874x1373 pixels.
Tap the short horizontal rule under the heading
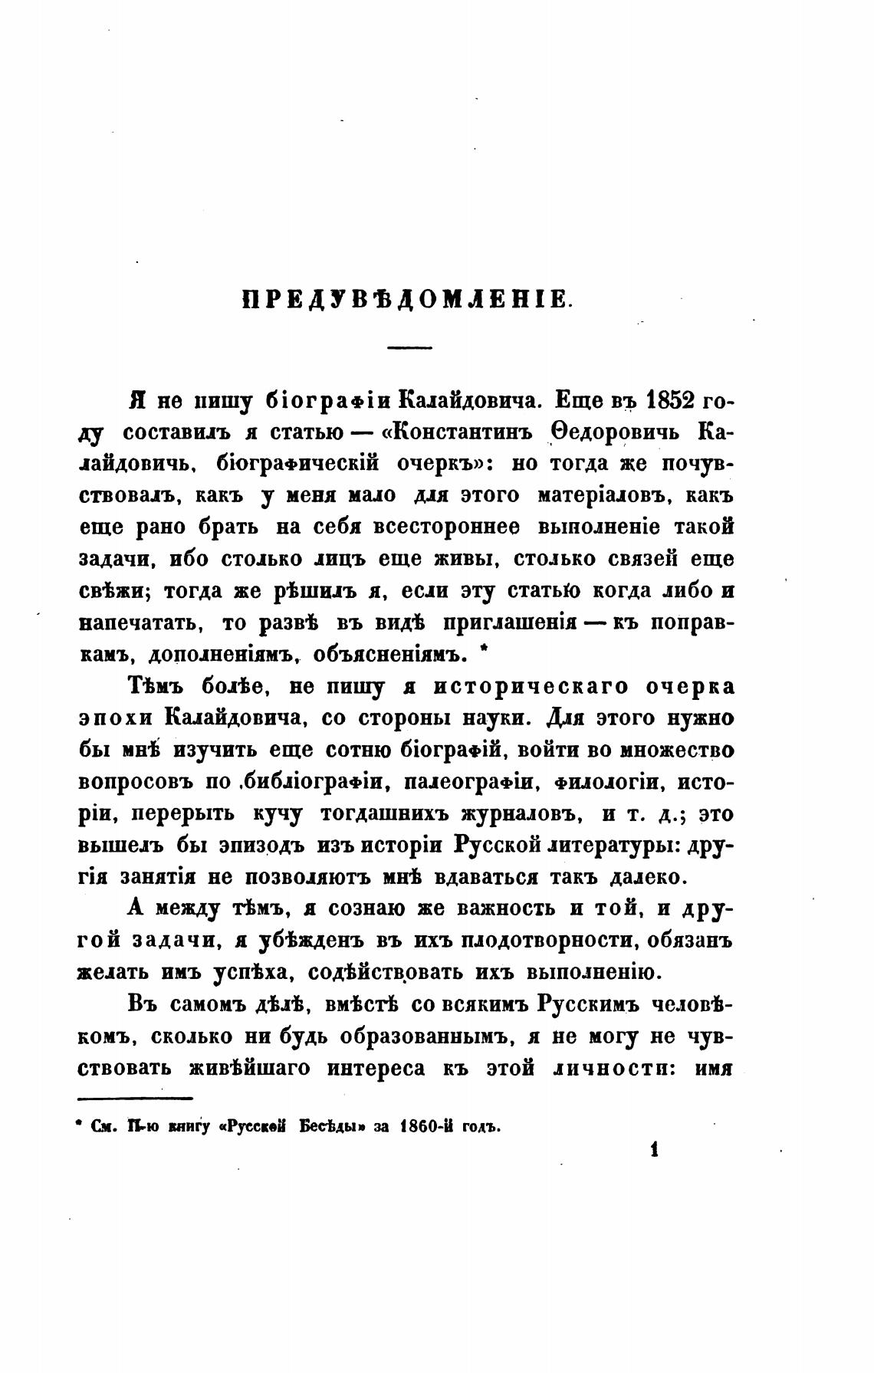coord(409,349)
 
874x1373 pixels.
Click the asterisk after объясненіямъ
coord(481,653)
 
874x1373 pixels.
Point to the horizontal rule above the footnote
coord(135,1099)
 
